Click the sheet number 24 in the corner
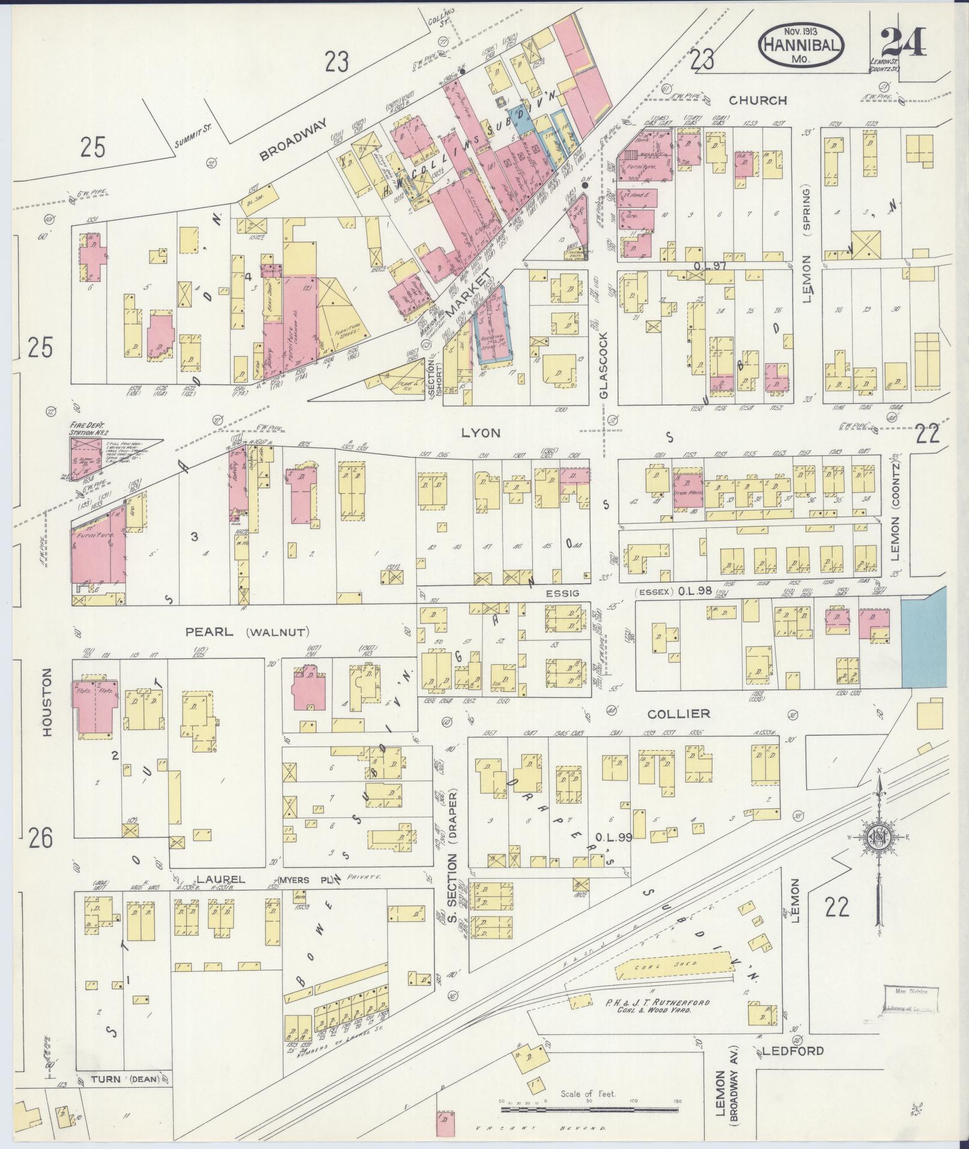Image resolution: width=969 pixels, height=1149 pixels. click(x=904, y=42)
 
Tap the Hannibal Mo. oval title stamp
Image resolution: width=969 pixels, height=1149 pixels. click(x=801, y=43)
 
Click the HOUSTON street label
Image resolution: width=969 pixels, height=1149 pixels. click(x=48, y=702)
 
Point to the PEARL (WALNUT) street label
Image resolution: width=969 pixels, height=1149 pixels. click(x=248, y=631)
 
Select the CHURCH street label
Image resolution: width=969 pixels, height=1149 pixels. click(x=759, y=100)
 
